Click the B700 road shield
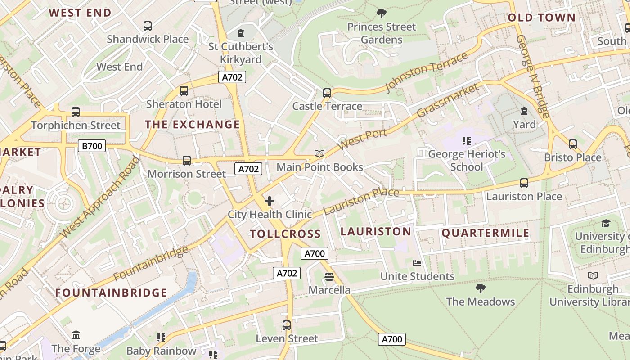[92, 146]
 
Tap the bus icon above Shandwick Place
[148, 26]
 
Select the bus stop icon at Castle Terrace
[327, 93]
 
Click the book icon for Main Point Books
[319, 154]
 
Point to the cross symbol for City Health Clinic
[270, 201]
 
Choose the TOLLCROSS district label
[285, 234]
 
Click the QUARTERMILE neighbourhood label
[486, 233]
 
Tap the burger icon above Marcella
[329, 277]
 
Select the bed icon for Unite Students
[417, 263]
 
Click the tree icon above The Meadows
[480, 288]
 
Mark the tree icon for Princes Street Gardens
[382, 14]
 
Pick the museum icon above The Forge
[76, 335]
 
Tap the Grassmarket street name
[448, 100]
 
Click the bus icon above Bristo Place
[572, 144]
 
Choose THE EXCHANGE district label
[192, 125]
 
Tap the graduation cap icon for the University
[606, 224]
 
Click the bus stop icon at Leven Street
[287, 325]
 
